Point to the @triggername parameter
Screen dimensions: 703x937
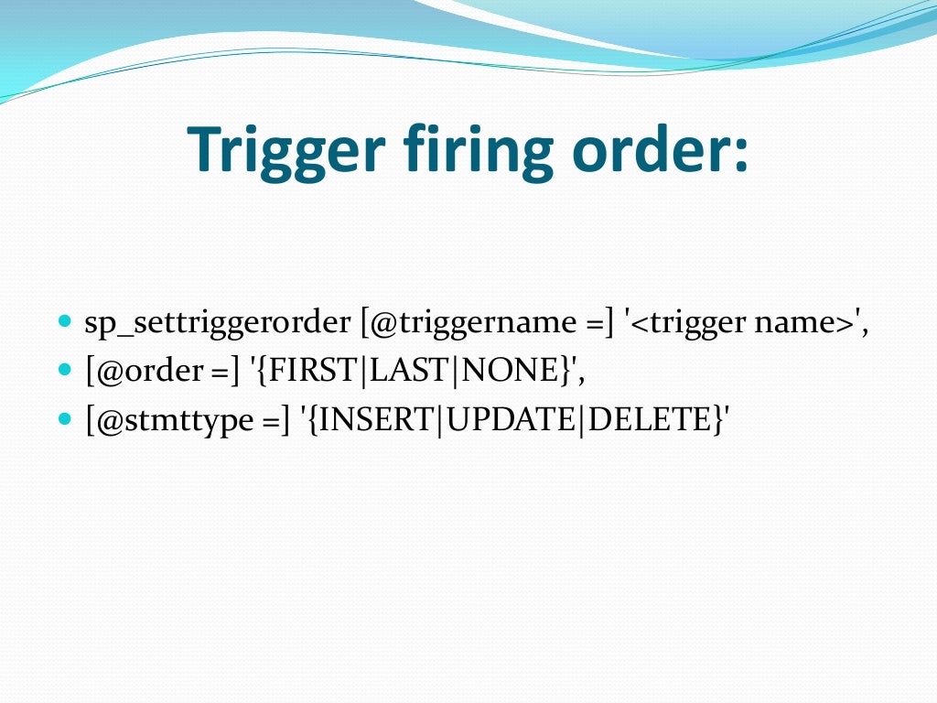click(x=473, y=324)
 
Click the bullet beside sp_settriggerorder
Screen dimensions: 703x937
click(x=64, y=322)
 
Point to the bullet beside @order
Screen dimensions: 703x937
click(x=64, y=370)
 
